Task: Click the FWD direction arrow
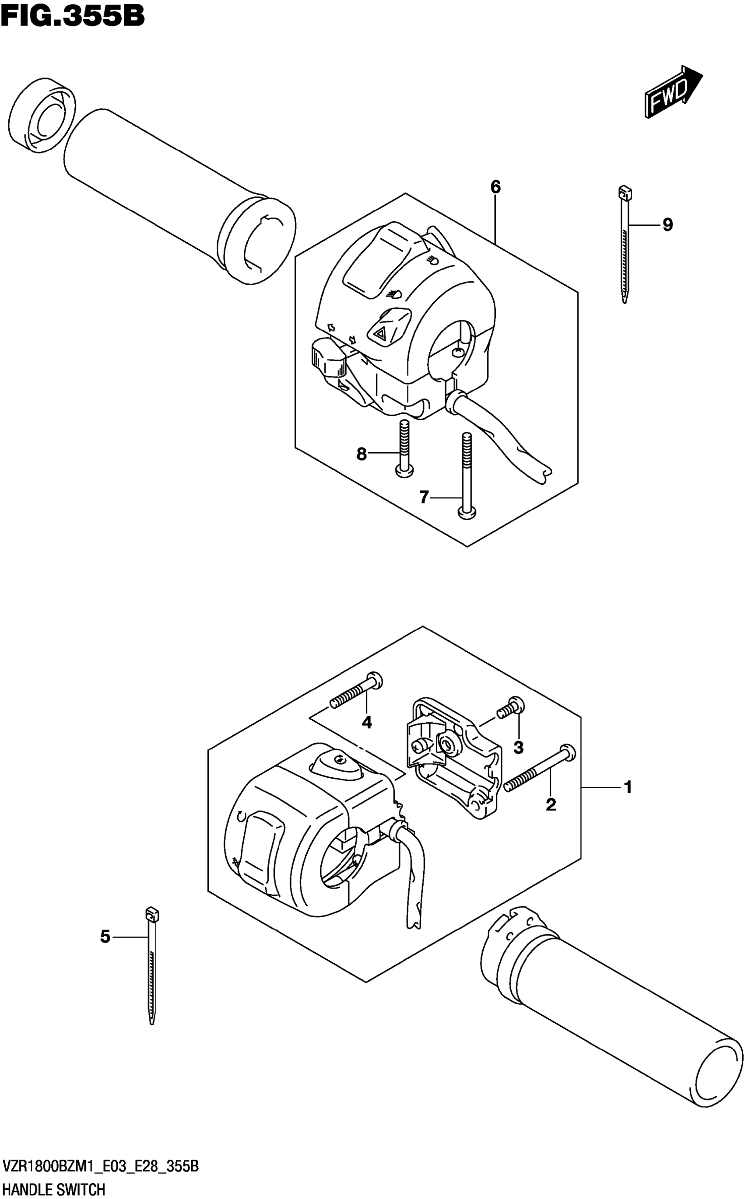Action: coord(673,91)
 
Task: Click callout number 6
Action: coord(495,187)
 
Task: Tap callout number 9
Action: coord(667,225)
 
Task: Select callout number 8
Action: coord(361,454)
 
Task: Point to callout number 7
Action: coord(424,498)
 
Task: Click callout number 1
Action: coord(628,787)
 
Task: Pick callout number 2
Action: coord(551,804)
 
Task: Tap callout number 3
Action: coord(518,748)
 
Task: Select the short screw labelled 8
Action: coord(404,448)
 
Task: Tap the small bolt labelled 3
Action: coord(510,709)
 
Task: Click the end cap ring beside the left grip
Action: coord(42,113)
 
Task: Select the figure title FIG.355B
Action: coord(73,16)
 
